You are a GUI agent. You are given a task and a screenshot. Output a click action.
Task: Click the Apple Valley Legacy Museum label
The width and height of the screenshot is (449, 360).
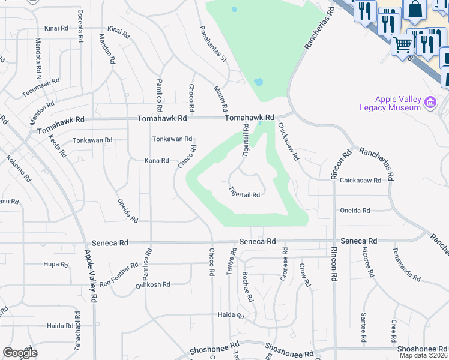coord(398,103)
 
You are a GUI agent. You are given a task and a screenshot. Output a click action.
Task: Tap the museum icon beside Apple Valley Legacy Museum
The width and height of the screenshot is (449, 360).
coord(430,103)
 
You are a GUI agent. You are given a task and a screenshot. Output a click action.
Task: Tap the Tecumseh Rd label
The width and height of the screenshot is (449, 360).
coord(41,88)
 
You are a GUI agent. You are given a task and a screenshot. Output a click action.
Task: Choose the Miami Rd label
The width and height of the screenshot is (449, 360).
coord(221,98)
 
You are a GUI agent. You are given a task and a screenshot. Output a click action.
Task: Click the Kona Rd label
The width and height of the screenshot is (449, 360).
coord(157,161)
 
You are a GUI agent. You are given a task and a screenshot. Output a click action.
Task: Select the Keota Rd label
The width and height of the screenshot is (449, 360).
coord(55,146)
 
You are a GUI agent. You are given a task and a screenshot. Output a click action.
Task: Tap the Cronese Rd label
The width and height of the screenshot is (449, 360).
coord(283,265)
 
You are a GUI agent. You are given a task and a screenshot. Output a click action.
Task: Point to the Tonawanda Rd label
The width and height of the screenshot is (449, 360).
coord(406,265)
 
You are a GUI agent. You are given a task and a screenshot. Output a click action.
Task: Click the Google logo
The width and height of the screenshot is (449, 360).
coord(19,353)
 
